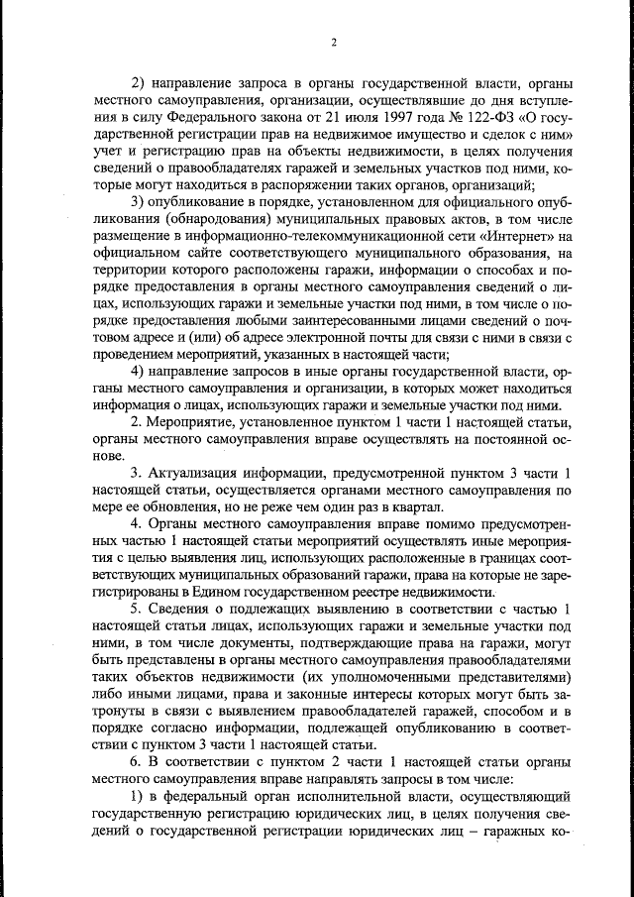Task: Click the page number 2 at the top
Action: (334, 43)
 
